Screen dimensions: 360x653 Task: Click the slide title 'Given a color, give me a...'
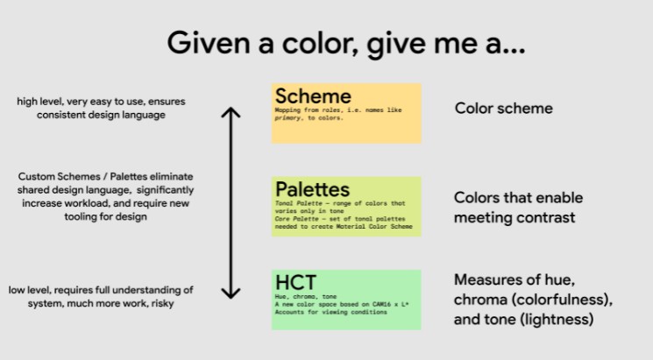[x=345, y=43]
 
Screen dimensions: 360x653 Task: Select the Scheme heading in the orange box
[x=313, y=96]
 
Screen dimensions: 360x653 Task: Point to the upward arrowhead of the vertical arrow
[x=230, y=111]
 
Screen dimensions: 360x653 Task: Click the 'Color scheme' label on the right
[x=503, y=109]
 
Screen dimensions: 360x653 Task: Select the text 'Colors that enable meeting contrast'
[x=517, y=208]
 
